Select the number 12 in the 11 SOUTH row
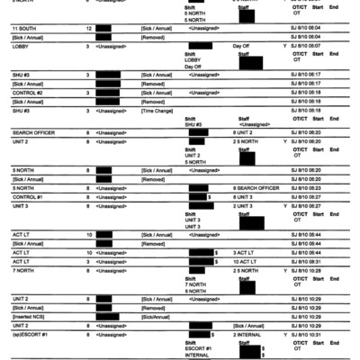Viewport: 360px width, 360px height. coord(88,29)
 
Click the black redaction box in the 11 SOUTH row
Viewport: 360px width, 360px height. coord(109,29)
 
